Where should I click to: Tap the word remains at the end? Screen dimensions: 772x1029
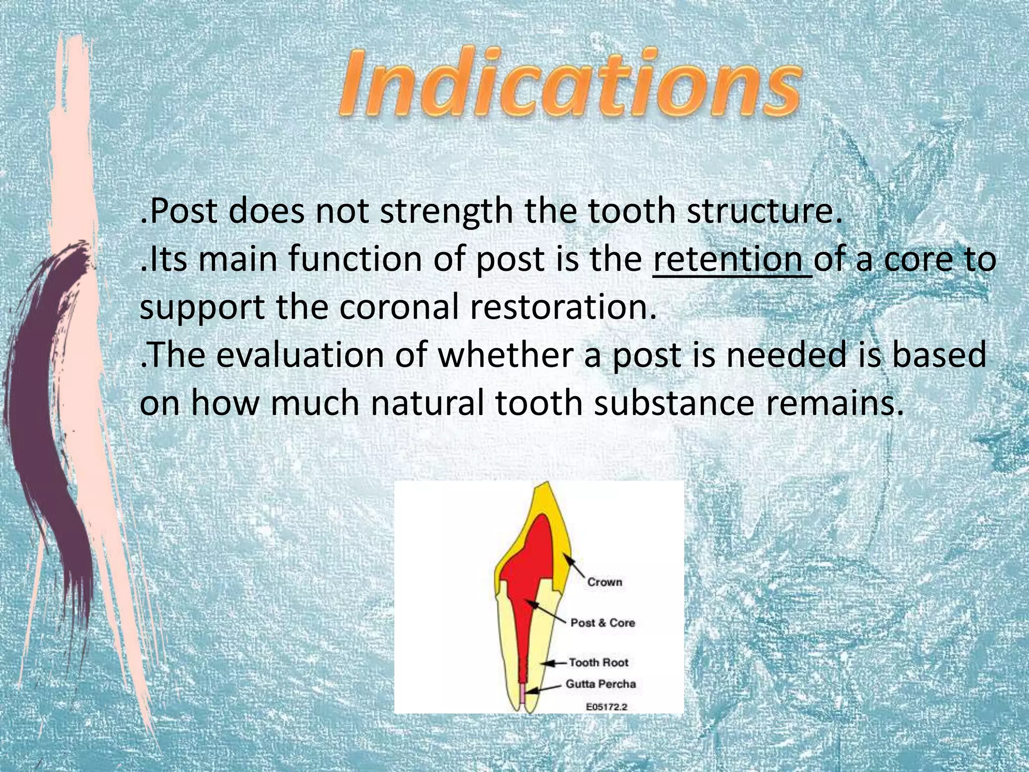pos(834,404)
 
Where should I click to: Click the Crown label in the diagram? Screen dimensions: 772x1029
pos(604,582)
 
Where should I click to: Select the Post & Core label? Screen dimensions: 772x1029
pos(602,623)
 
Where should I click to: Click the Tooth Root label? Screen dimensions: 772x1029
pos(598,662)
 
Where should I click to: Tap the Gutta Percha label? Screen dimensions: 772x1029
pos(600,684)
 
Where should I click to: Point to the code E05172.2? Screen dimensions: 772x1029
pos(607,707)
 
